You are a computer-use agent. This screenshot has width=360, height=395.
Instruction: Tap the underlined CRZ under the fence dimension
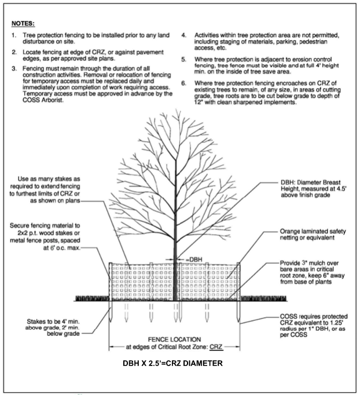tap(216, 346)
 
